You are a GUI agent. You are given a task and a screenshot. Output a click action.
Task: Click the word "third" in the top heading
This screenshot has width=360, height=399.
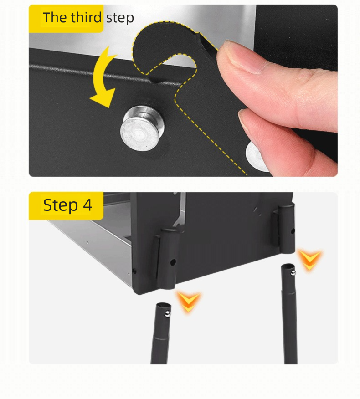[86, 17]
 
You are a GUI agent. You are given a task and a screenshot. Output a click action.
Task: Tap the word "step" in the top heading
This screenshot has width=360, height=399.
[120, 18]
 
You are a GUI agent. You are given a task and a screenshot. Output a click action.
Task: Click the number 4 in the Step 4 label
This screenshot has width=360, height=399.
[87, 205]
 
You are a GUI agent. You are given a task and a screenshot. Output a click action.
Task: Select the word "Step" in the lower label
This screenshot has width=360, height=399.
[60, 205]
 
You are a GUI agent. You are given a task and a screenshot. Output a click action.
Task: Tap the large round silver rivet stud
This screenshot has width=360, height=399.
[142, 128]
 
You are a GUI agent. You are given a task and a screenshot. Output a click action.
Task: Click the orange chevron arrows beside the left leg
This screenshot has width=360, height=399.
[188, 302]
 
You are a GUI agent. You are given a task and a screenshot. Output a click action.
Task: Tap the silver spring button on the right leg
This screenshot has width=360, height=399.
[293, 273]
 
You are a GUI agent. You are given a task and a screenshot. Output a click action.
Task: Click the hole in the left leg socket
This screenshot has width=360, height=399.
[173, 262]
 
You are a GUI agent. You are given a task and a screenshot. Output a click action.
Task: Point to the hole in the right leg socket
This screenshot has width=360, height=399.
[293, 231]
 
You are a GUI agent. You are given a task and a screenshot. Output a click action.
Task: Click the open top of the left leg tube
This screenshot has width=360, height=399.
[163, 305]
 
